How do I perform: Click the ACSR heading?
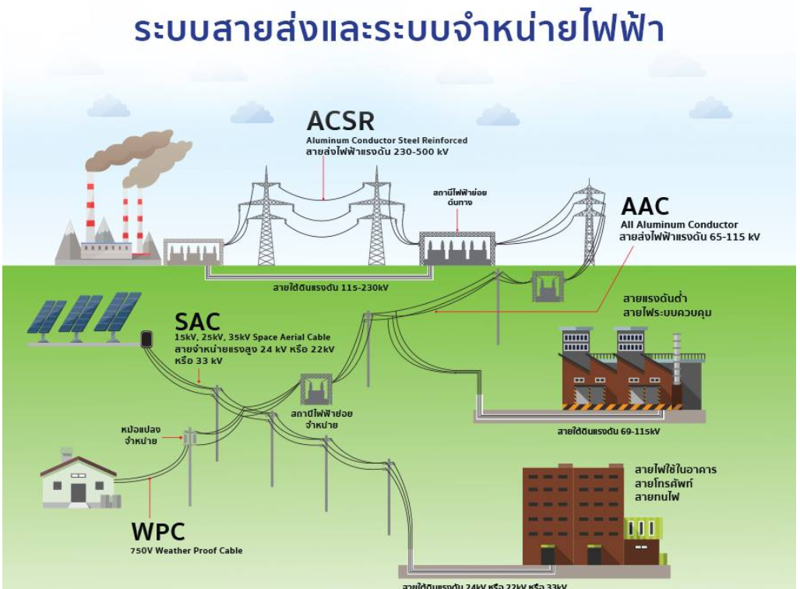pyautogui.click(x=340, y=121)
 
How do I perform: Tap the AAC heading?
pyautogui.click(x=645, y=206)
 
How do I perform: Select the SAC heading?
pyautogui.click(x=197, y=322)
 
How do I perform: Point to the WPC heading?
pyautogui.click(x=158, y=531)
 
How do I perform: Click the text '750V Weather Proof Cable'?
pyautogui.click(x=186, y=551)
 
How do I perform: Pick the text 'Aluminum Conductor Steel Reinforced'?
pyautogui.click(x=386, y=140)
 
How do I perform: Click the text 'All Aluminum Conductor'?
pyautogui.click(x=668, y=225)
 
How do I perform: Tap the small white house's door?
pyautogui.click(x=79, y=492)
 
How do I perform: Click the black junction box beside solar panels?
pyautogui.click(x=145, y=339)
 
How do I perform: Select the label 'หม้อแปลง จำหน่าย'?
pyautogui.click(x=140, y=435)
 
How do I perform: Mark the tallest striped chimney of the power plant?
pyautogui.click(x=90, y=206)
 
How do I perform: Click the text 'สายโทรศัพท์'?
pyautogui.click(x=663, y=483)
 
